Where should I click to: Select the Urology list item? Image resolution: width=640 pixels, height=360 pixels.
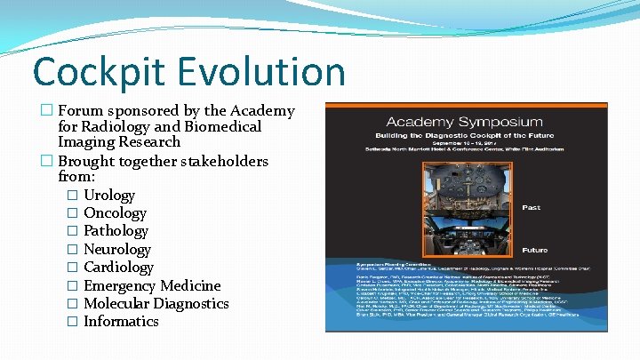pos(108,195)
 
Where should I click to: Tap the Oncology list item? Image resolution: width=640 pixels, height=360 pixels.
pos(115,212)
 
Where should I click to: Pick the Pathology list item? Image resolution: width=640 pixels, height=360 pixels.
pos(116,231)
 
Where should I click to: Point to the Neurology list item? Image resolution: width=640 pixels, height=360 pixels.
pos(116,249)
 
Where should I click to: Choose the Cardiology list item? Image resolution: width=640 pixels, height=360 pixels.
pos(118,267)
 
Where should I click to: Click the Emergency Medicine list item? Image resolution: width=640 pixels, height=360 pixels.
pos(152,285)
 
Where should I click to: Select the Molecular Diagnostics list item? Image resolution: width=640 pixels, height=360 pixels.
pos(156,303)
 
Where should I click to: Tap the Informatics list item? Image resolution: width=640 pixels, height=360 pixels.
pos(121,321)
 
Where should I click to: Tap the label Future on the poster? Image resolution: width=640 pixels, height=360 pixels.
pos(533,250)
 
